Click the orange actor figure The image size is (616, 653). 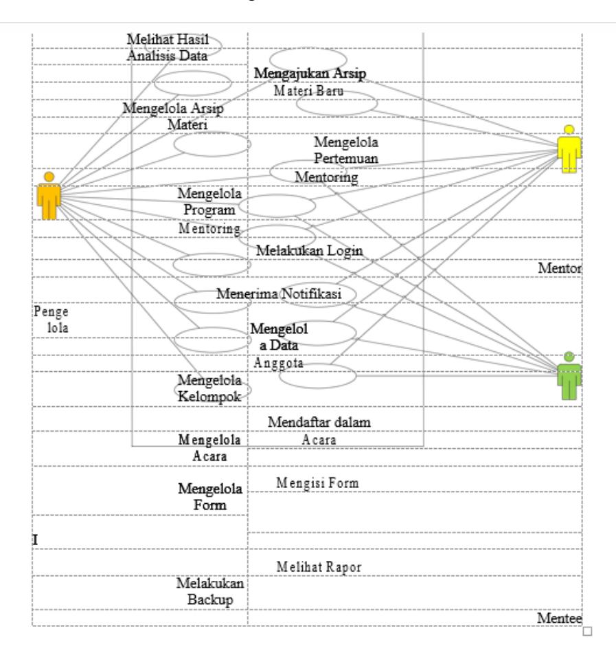tap(49, 196)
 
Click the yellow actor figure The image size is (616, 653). tap(569, 148)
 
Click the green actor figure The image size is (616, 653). tap(569, 375)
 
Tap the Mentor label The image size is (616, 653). tap(560, 268)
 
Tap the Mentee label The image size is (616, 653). tap(560, 619)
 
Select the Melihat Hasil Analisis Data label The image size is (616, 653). tap(168, 47)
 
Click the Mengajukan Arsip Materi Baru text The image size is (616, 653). tap(310, 82)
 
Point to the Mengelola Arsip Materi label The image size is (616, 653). tap(173, 116)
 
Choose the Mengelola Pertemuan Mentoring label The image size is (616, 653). tap(336, 159)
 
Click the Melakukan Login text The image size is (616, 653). tap(310, 251)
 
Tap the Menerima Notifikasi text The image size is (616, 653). tap(279, 294)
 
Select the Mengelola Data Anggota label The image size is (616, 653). tap(279, 346)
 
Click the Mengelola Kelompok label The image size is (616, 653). tap(209, 388)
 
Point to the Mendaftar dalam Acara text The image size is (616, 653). tap(319, 430)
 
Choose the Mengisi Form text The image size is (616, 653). tap(317, 483)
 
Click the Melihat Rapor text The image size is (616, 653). tap(319, 567)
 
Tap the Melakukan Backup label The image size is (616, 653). tap(210, 591)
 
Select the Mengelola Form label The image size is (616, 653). tap(210, 497)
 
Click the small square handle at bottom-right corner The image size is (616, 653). tap(587, 631)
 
